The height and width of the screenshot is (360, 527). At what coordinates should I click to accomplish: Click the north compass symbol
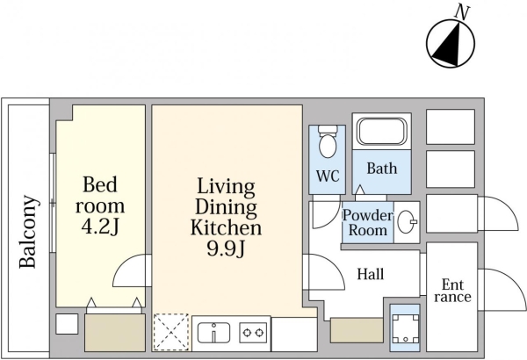[x=451, y=43]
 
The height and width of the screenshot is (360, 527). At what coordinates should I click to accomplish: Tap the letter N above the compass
[x=462, y=13]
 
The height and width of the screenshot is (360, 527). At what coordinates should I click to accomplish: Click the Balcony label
[x=27, y=232]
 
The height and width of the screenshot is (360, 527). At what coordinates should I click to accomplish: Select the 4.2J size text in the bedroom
[x=100, y=227]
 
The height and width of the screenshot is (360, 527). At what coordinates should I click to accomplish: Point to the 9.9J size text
[x=226, y=248]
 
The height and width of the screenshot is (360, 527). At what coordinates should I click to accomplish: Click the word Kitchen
[x=226, y=227]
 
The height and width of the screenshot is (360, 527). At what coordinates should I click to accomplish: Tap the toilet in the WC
[x=328, y=142]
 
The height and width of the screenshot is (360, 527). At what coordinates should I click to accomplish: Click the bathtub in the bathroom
[x=382, y=132]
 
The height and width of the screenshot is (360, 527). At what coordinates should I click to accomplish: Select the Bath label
[x=382, y=168]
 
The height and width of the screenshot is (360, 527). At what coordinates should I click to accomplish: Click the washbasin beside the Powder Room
[x=407, y=222]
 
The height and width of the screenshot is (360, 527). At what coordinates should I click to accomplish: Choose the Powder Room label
[x=368, y=222]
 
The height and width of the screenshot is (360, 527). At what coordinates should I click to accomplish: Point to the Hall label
[x=371, y=274]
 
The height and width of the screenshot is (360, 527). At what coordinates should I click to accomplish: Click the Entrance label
[x=452, y=291]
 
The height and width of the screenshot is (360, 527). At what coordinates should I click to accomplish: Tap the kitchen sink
[x=213, y=333]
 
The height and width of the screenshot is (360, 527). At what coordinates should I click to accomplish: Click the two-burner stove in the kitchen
[x=253, y=333]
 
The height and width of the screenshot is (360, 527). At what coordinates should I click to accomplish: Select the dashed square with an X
[x=171, y=332]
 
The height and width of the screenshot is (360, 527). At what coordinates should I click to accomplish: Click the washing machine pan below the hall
[x=405, y=328]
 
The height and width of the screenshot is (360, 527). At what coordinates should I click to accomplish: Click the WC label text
[x=328, y=176]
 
